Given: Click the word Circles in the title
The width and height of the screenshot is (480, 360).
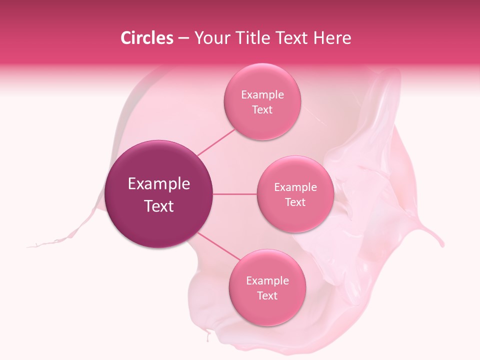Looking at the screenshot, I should pyautogui.click(x=147, y=38).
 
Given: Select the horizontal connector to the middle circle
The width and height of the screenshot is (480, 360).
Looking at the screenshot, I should pyautogui.click(x=235, y=194).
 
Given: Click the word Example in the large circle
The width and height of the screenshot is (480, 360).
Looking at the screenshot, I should pyautogui.click(x=159, y=184).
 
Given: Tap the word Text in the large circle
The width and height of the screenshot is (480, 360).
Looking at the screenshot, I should pyautogui.click(x=159, y=206).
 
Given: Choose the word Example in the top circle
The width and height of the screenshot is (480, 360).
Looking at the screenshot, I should pyautogui.click(x=262, y=94).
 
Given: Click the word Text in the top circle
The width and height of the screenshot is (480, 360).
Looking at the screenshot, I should pyautogui.click(x=262, y=109).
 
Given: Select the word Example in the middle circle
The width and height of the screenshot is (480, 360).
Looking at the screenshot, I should pyautogui.click(x=295, y=187).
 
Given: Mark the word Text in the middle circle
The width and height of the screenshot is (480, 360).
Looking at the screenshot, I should pyautogui.click(x=295, y=202).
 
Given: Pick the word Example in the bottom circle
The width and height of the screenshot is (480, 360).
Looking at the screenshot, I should pyautogui.click(x=267, y=280).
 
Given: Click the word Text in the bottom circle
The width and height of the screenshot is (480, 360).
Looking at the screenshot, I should pyautogui.click(x=267, y=295).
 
